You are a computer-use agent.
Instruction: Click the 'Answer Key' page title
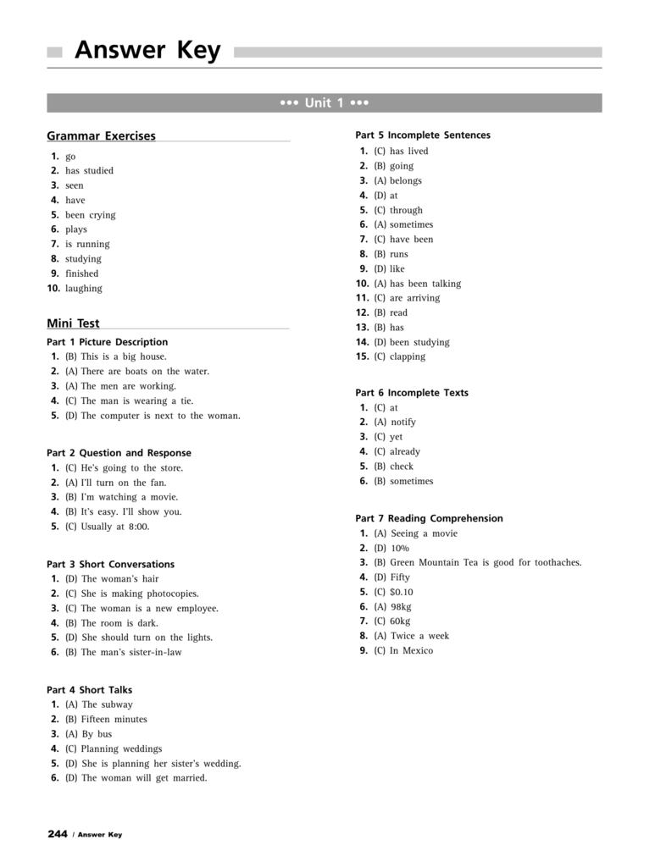(147, 51)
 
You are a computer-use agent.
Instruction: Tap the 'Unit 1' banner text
(325, 103)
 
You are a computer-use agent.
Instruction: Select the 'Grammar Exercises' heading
(101, 135)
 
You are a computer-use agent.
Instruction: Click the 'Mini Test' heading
(73, 323)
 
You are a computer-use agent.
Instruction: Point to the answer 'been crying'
(91, 215)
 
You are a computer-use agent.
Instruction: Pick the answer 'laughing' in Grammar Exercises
(84, 288)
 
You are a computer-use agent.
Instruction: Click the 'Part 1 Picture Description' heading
(107, 342)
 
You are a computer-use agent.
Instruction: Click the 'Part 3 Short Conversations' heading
(110, 564)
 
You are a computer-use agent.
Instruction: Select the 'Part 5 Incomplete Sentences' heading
(423, 135)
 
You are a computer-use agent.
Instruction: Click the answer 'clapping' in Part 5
(408, 356)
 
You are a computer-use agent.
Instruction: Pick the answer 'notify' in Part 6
(403, 422)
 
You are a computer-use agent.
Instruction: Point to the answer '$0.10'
(402, 592)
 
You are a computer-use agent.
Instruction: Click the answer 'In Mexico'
(411, 650)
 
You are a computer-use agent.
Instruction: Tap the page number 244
(58, 834)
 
